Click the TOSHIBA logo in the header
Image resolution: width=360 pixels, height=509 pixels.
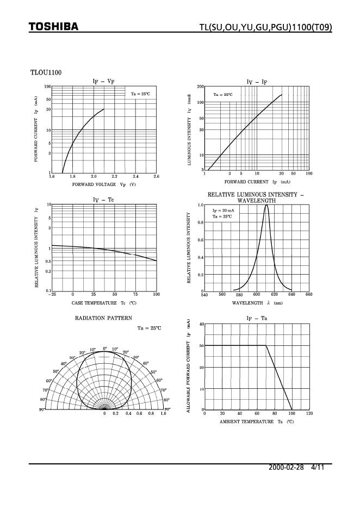pos(53,27)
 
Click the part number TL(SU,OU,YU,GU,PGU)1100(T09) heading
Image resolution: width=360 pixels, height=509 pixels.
pos(265,27)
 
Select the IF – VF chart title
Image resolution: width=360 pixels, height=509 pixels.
pos(103,81)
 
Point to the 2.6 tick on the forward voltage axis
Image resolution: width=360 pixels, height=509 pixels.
pos(156,177)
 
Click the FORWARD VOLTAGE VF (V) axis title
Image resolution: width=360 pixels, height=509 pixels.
pos(103,185)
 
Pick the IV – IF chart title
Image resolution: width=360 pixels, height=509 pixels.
pos(257,82)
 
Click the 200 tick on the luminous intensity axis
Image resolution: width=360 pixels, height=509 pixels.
pos(200,87)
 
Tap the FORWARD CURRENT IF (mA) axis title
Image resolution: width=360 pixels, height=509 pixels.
pos(257,182)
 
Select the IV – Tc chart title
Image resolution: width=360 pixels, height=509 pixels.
pos(103,200)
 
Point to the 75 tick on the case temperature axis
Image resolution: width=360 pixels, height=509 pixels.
pos(135,294)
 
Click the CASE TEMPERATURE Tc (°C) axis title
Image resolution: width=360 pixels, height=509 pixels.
pos(103,302)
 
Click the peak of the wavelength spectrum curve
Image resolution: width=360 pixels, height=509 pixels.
pos(266,205)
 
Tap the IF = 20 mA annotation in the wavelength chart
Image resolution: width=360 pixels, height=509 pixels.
pos(223,210)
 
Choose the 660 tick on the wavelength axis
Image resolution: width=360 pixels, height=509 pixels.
pos(309,294)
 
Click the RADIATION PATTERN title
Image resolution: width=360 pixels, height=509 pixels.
pos(103,318)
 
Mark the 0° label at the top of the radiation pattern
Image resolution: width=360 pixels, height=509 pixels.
pos(104,349)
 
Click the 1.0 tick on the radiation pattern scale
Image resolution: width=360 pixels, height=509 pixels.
pos(163,414)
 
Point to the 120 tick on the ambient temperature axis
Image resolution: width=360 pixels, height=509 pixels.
pos(309,413)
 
